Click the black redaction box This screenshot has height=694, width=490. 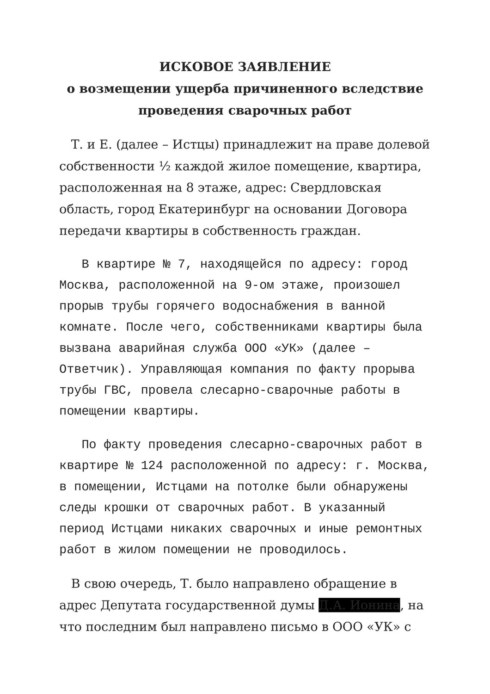coord(359,605)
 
